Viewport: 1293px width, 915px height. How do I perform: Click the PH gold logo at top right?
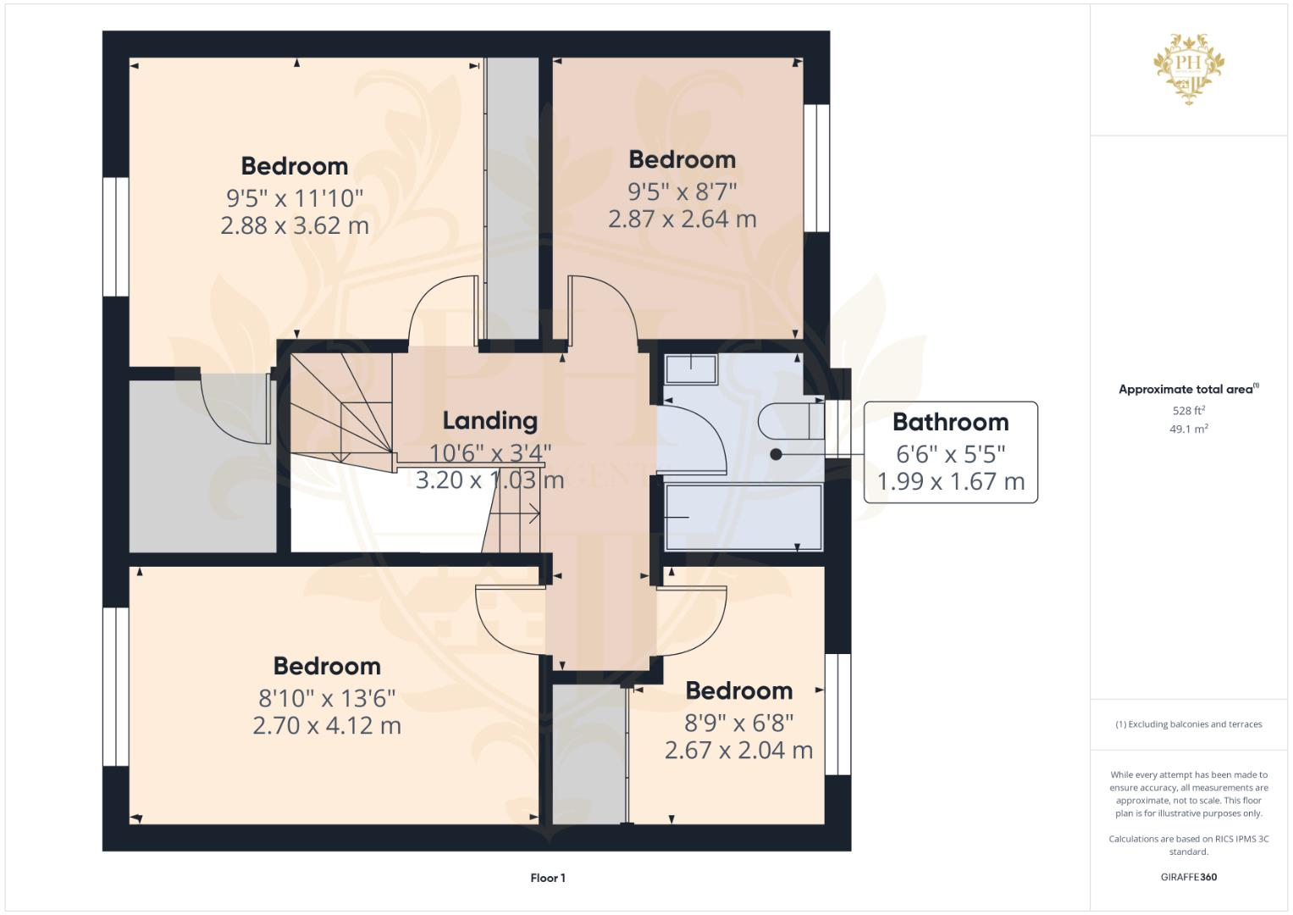click(1189, 69)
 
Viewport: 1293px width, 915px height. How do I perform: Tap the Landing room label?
click(489, 421)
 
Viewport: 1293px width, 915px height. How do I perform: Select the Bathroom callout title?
click(950, 422)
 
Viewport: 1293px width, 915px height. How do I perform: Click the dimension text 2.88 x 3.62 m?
click(295, 225)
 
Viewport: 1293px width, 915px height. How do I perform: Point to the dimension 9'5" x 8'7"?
click(682, 191)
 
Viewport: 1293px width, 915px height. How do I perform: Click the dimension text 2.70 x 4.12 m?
click(327, 725)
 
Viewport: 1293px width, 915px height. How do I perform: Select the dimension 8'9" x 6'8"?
click(738, 723)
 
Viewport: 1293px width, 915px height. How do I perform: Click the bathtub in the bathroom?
click(743, 516)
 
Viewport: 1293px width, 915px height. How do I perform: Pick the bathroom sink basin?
click(691, 369)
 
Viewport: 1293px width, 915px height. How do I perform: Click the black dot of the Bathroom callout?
click(776, 454)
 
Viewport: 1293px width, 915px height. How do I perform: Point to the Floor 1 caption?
click(548, 878)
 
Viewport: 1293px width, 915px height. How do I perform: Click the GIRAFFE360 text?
click(1188, 877)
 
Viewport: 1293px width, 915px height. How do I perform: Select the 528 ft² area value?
click(1188, 411)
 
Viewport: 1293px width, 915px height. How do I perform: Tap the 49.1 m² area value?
click(1188, 429)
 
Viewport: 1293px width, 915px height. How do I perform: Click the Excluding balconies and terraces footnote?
click(1188, 724)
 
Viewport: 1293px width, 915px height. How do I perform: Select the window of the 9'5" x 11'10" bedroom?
click(116, 236)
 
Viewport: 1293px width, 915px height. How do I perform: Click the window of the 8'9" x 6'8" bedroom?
click(837, 714)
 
